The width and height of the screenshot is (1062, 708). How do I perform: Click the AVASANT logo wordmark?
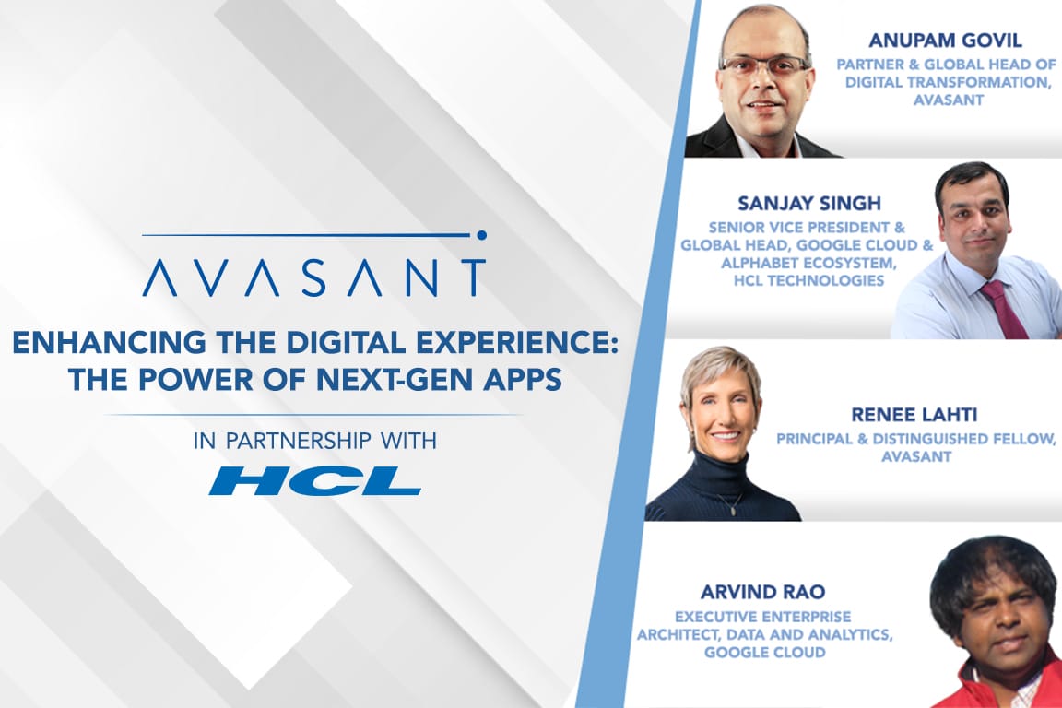pos(314,277)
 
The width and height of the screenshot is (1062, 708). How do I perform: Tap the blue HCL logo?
pos(315,480)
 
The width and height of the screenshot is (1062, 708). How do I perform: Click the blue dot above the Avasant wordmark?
pos(481,235)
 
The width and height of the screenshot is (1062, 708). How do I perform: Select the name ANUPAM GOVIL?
pos(945,41)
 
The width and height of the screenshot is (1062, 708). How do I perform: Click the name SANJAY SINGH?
pos(809,203)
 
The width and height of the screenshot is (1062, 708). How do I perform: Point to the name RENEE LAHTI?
pos(914,415)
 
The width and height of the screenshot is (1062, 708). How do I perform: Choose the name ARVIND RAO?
pos(762,592)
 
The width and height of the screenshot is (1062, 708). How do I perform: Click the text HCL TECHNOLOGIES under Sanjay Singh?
pos(808,280)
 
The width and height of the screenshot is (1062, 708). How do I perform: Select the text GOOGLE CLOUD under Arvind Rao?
pos(764,653)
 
